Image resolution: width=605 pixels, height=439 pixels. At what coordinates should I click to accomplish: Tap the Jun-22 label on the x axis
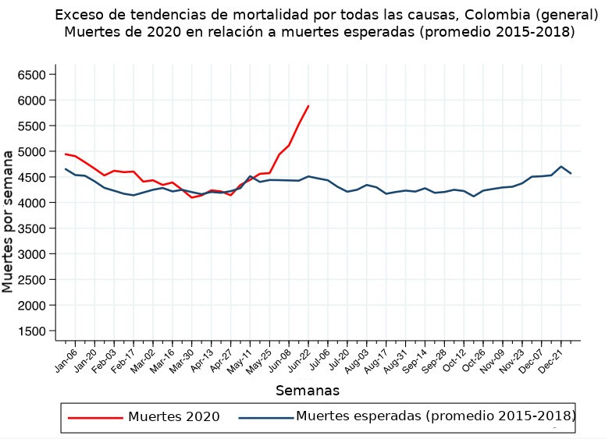tap(301, 360)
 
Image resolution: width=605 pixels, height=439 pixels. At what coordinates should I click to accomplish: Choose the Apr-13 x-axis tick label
tap(203, 360)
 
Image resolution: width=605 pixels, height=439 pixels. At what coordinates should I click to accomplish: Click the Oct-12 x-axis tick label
tap(456, 360)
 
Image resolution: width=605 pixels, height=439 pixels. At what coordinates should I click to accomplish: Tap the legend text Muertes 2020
tap(173, 417)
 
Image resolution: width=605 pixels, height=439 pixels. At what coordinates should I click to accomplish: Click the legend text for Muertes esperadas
tap(436, 416)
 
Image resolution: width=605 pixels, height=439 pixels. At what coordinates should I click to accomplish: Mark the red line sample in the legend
tap(94, 418)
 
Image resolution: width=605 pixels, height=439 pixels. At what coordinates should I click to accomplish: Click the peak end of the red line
tap(308, 106)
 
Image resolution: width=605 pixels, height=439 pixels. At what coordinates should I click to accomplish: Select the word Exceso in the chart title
tap(79, 15)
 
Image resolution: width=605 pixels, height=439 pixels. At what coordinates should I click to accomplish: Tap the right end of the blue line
tap(571, 174)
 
